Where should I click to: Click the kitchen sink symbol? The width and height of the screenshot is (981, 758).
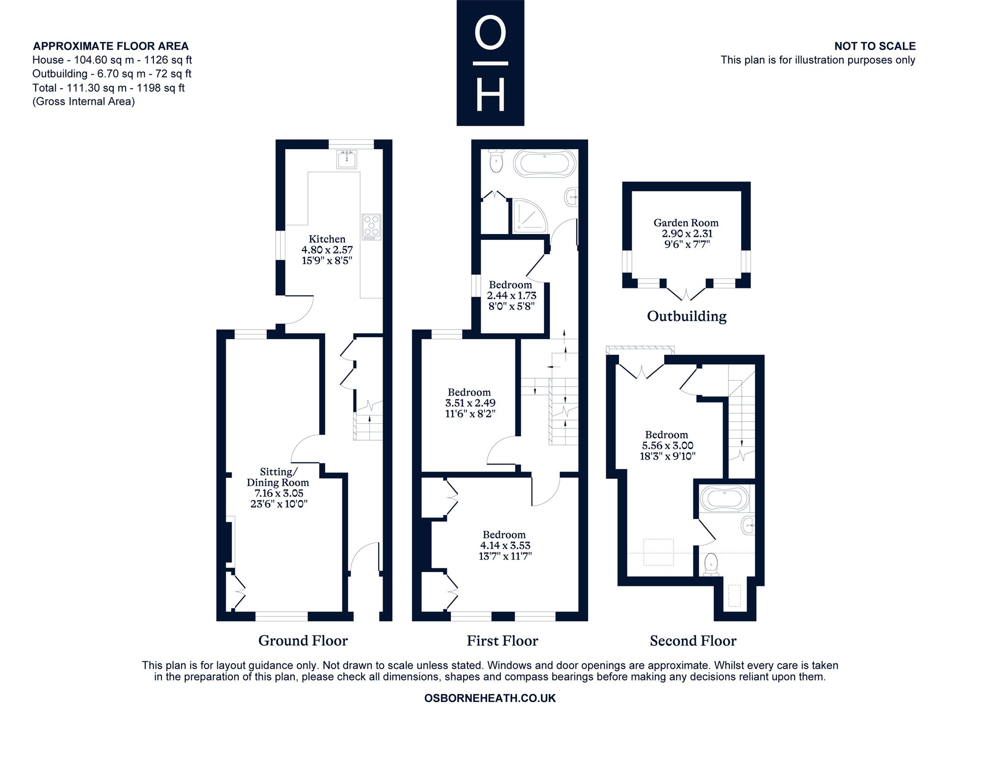(x=347, y=159)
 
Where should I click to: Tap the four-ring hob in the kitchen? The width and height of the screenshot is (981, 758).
(x=371, y=227)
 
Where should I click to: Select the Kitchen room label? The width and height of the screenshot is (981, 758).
(x=327, y=239)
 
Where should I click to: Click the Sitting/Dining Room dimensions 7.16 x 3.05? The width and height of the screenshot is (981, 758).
(x=278, y=493)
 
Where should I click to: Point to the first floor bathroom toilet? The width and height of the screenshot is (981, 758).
(x=496, y=160)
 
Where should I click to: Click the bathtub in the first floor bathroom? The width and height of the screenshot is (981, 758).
(x=545, y=162)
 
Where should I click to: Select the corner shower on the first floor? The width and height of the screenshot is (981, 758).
(x=530, y=215)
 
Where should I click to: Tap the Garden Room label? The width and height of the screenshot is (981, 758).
(x=686, y=223)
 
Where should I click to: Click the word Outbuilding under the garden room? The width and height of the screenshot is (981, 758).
(x=687, y=316)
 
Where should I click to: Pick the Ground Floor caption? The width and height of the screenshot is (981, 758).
(x=303, y=641)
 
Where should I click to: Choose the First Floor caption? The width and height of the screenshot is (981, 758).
(x=502, y=641)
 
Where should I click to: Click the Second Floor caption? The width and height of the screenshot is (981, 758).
(x=693, y=641)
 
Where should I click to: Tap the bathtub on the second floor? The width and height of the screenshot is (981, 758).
(x=724, y=498)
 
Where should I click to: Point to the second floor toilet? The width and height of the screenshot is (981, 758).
(x=711, y=565)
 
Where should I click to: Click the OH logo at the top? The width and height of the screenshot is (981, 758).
(x=490, y=63)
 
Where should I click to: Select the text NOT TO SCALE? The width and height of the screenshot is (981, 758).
(x=875, y=46)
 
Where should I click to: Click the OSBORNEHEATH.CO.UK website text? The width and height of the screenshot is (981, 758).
(x=490, y=698)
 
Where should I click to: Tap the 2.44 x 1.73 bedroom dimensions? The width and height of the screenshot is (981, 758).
(x=511, y=295)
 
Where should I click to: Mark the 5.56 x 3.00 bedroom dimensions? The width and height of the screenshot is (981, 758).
(x=668, y=445)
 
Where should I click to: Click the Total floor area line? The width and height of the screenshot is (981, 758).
(x=108, y=88)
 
